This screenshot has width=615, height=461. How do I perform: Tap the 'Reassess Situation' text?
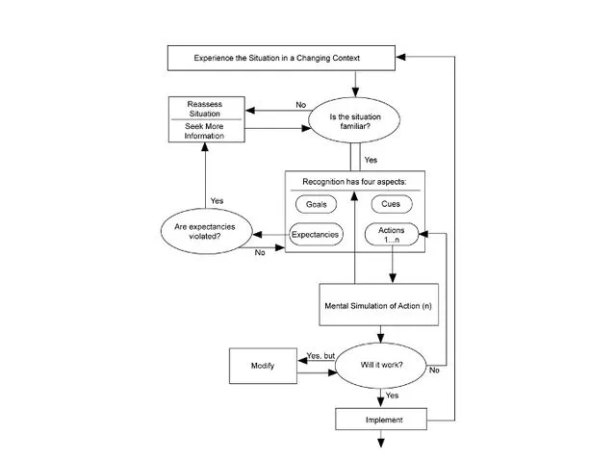203,107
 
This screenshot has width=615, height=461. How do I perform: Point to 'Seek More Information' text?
203,131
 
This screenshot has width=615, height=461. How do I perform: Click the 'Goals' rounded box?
317,204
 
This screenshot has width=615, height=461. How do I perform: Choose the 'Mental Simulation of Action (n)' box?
378,305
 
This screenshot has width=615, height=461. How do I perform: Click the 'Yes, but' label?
320,355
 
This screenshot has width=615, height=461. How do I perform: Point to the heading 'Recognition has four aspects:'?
355,181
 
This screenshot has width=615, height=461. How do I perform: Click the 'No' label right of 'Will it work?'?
434,370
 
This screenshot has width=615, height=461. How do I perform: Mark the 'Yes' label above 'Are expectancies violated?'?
217,200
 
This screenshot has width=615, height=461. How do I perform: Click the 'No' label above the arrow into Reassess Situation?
301,103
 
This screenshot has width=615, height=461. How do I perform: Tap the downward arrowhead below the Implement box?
382,442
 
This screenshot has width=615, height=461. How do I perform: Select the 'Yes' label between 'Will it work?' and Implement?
392,396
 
